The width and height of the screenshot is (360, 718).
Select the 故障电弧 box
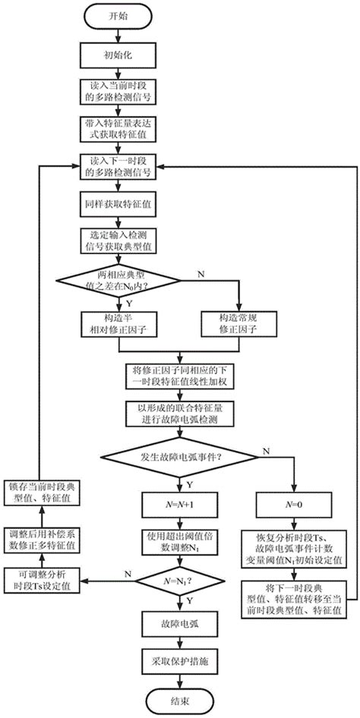tap(180, 624)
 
